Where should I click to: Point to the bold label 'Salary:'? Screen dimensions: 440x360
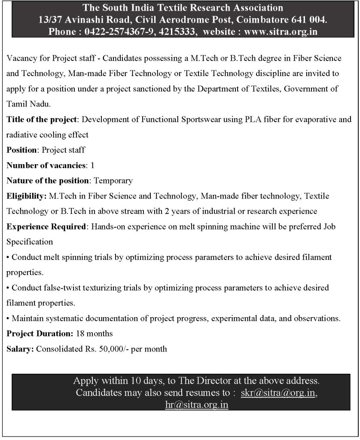(x=20, y=349)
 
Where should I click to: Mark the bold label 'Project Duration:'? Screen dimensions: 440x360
(x=40, y=333)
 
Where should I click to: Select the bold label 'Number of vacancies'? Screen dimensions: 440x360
(x=46, y=165)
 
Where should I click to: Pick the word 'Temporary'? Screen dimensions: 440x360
(x=113, y=180)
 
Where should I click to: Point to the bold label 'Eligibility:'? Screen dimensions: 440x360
(x=27, y=196)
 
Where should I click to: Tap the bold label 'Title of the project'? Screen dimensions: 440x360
(x=41, y=119)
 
